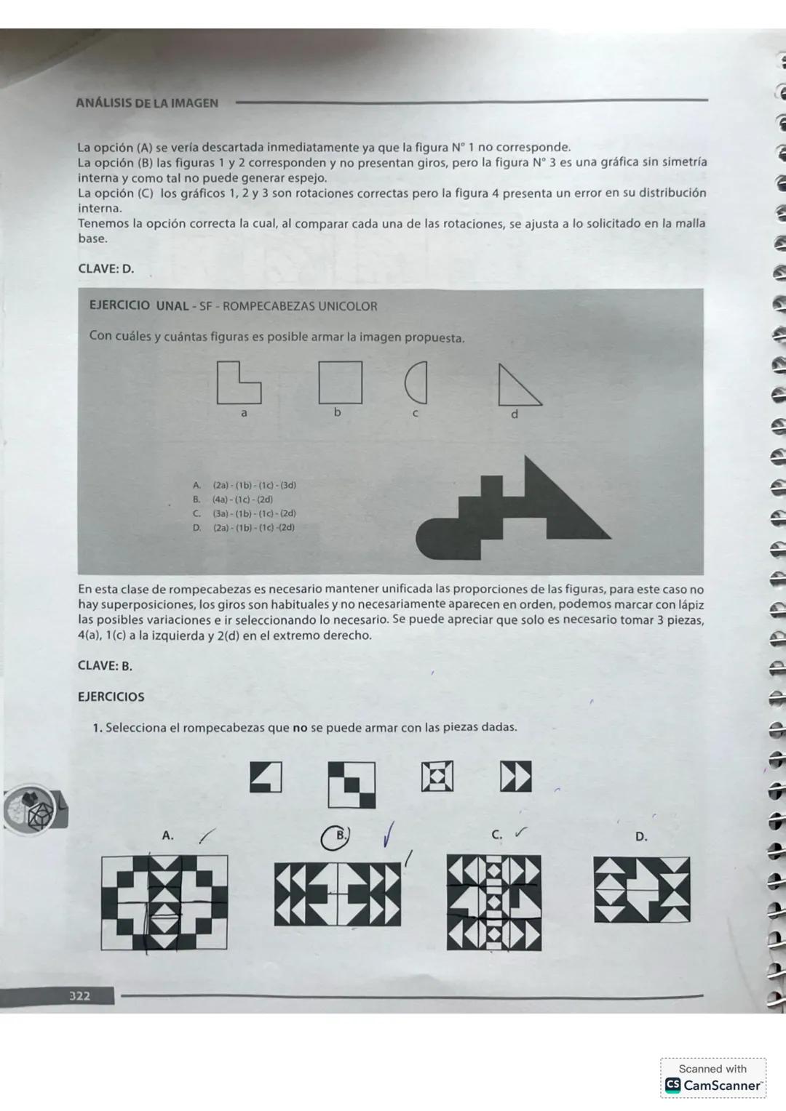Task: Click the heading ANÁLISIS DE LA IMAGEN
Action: pos(147,103)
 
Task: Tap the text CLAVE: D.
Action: pos(106,268)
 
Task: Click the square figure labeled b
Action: pos(340,382)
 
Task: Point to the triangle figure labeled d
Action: pos(517,385)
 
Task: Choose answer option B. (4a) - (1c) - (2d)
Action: pos(243,500)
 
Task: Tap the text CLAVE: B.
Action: pos(105,665)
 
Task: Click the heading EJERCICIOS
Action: pos(111,697)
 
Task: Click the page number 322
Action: pos(80,995)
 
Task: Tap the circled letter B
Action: pos(336,837)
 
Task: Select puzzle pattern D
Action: pos(641,889)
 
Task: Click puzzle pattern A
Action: pos(164,902)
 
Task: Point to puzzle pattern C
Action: pos(494,902)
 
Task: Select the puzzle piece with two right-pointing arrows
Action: pos(515,777)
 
